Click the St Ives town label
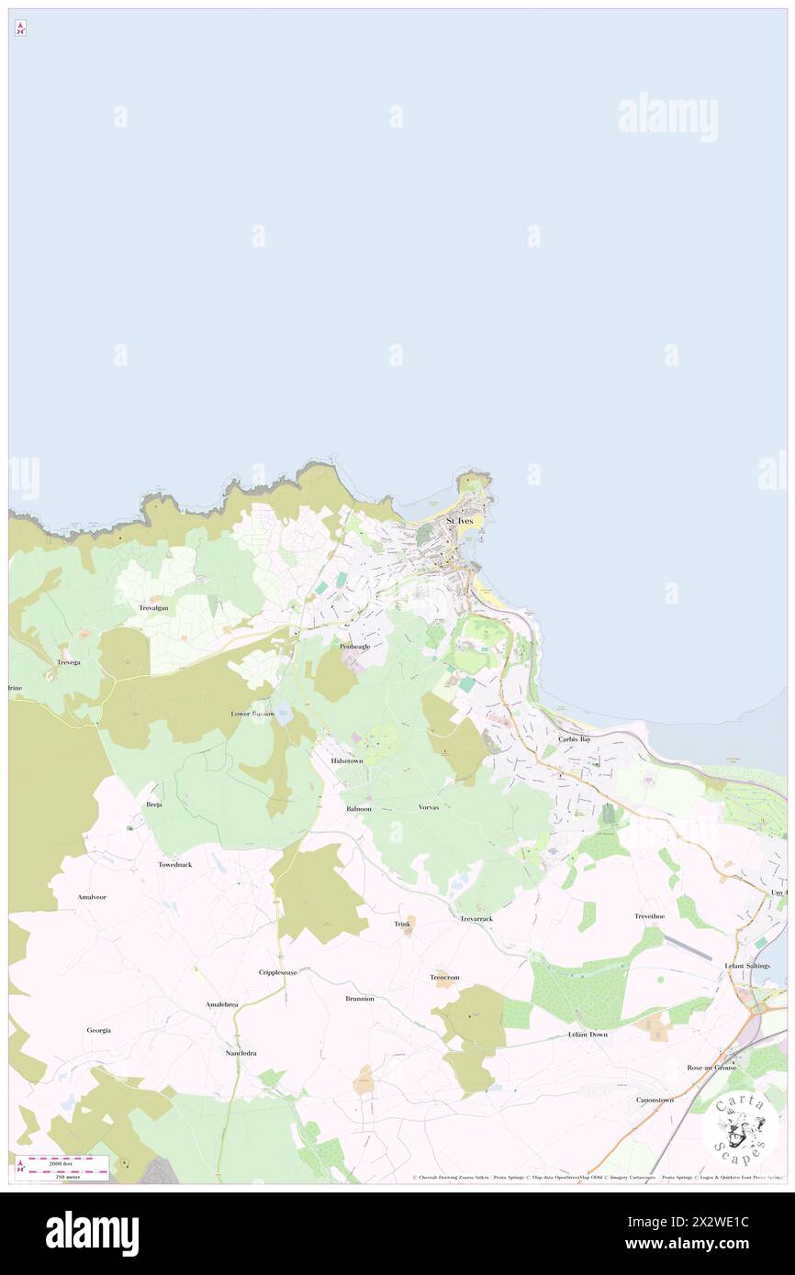pyautogui.click(x=460, y=521)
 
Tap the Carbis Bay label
pyautogui.click(x=575, y=738)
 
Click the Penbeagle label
pyautogui.click(x=354, y=647)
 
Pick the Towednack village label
pyautogui.click(x=174, y=865)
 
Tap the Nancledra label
pyautogui.click(x=241, y=1053)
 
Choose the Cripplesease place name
pyautogui.click(x=277, y=972)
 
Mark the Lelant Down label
pyautogui.click(x=588, y=1035)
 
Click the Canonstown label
pyautogui.click(x=655, y=1100)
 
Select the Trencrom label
pyautogui.click(x=444, y=978)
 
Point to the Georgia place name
pyautogui.click(x=99, y=1030)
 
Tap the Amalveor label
pyautogui.click(x=92, y=897)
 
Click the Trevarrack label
pyautogui.click(x=476, y=918)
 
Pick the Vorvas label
pyautogui.click(x=429, y=807)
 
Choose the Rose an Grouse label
pyautogui.click(x=711, y=1068)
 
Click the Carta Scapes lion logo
pyautogui.click(x=740, y=1127)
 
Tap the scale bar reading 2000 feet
pyautogui.click(x=62, y=1160)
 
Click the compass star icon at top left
pyautogui.click(x=20, y=28)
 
